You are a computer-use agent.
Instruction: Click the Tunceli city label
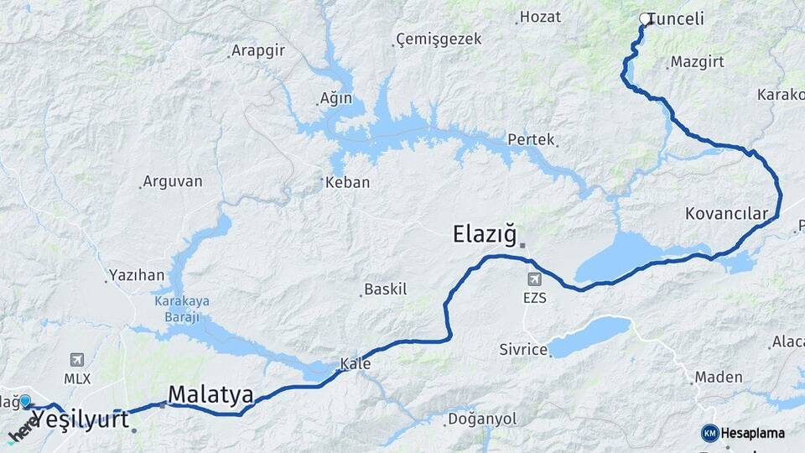(x=676, y=19)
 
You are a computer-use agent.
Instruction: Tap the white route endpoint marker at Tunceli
(x=645, y=18)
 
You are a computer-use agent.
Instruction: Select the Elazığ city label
(x=486, y=234)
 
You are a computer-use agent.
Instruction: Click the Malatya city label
(x=210, y=394)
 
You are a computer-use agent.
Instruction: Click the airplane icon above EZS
(x=535, y=279)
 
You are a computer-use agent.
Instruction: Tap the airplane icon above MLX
(x=78, y=360)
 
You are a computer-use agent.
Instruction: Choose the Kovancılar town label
(x=726, y=214)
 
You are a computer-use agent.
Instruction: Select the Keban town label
(x=347, y=182)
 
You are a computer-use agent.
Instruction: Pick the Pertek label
(x=531, y=139)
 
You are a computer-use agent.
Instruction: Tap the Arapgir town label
(x=257, y=50)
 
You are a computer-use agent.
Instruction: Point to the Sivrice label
(x=522, y=349)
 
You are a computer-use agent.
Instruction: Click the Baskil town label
(x=385, y=289)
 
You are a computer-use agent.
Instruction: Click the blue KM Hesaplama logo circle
(x=710, y=433)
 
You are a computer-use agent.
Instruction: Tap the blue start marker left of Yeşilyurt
(x=25, y=402)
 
